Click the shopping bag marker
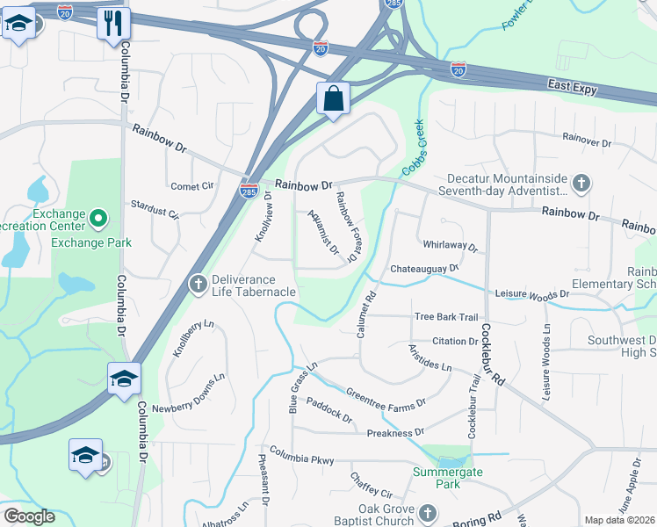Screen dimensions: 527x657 [333, 99]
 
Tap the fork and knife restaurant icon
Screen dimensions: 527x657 [113, 25]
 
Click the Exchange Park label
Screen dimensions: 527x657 [91, 242]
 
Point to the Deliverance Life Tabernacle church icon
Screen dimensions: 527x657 [198, 284]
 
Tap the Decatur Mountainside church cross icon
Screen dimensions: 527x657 [579, 184]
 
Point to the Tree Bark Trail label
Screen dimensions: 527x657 [445, 317]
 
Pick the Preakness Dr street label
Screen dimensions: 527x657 [394, 432]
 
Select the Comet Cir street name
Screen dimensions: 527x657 [192, 186]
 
